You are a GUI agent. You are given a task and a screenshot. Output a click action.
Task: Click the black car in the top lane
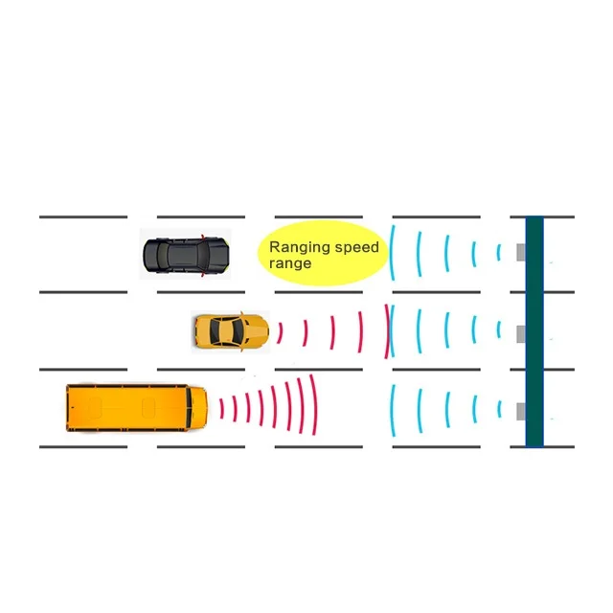186,255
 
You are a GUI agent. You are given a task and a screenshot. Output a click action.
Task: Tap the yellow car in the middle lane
231,331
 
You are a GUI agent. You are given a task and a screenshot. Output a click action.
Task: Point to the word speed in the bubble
356,247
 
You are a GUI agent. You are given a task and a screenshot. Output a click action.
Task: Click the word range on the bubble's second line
290,262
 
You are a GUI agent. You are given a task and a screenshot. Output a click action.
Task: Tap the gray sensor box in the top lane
521,252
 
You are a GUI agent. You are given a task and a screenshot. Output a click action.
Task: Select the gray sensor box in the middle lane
521,332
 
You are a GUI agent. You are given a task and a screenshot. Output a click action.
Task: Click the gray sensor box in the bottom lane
521,411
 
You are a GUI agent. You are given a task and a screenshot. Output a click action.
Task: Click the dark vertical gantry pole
534,330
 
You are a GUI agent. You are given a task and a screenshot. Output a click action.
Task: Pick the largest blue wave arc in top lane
392,252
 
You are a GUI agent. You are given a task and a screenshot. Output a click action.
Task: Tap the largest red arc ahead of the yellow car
386,331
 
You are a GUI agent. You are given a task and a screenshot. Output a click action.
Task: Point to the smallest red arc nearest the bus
222,407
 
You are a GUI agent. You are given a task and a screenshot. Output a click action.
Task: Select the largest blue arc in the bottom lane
392,411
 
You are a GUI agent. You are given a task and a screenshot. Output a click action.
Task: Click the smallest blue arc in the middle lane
498,330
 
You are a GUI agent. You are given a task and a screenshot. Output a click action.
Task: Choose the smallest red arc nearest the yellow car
280,332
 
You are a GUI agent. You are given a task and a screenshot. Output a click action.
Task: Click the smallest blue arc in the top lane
498,252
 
